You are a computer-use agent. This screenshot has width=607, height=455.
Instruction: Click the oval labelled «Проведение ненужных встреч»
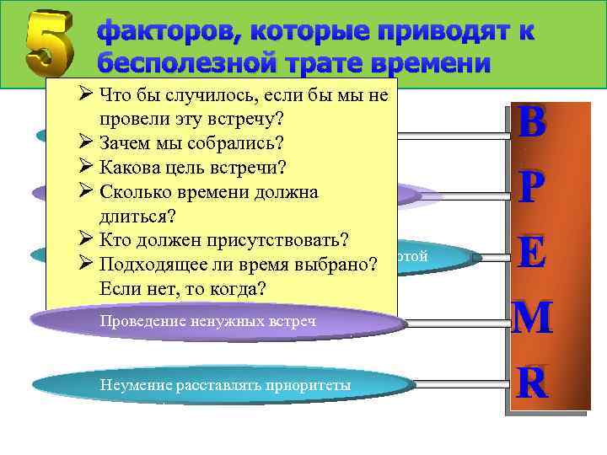(215, 321)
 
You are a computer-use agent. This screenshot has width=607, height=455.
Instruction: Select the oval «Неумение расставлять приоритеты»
(223, 386)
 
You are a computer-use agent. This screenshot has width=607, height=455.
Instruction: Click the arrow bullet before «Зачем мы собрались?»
(85, 141)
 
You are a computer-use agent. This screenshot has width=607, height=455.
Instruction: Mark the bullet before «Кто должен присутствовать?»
(85, 238)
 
